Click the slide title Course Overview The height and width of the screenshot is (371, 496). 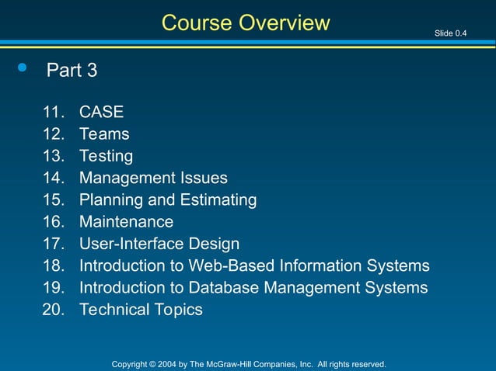[x=246, y=23]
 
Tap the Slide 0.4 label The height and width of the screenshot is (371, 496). [x=451, y=33]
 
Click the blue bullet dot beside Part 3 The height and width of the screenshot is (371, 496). [x=22, y=68]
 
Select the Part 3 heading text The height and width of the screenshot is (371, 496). [x=72, y=71]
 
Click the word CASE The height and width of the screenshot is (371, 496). [x=101, y=112]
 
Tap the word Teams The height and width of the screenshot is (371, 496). [x=104, y=133]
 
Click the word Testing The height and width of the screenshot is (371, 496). [x=106, y=156]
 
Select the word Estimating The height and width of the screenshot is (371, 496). [x=218, y=199]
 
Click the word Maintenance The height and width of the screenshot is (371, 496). [x=126, y=222]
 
